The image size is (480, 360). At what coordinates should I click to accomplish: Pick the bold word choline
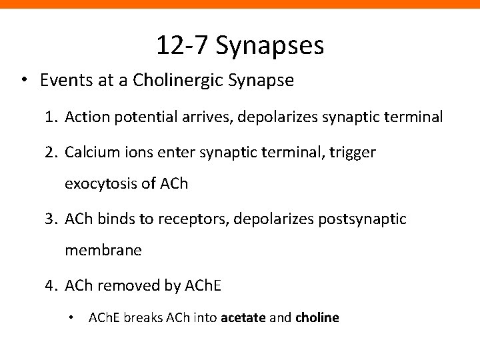[x=317, y=318]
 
